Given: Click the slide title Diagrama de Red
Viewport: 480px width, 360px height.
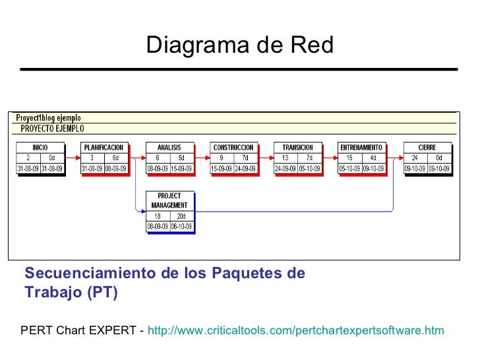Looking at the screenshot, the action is (240, 45).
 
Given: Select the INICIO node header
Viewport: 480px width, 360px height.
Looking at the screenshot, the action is (40, 147).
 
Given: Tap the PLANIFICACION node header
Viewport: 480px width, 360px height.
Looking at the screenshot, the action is (104, 147).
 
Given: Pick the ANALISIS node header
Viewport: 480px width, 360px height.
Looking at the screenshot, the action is (169, 147).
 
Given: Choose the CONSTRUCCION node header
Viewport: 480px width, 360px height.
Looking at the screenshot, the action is (233, 147).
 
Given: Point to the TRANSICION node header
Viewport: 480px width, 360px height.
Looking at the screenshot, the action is (297, 147).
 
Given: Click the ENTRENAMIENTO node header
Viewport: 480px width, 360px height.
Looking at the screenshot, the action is (361, 147).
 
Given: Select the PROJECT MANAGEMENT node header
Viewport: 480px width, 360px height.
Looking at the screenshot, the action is (169, 200).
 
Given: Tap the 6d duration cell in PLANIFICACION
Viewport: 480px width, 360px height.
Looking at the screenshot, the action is (116, 158).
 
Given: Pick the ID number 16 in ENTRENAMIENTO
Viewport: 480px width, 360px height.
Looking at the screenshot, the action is (349, 158).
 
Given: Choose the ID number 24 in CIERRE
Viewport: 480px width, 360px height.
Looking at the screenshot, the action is (415, 158).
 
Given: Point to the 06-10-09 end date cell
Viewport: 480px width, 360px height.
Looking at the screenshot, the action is (181, 225).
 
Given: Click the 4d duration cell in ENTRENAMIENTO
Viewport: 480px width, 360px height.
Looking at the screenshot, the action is (374, 158).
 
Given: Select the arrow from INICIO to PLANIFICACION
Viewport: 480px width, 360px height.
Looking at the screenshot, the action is (73, 158).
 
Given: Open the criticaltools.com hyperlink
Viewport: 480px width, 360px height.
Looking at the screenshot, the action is (296, 330).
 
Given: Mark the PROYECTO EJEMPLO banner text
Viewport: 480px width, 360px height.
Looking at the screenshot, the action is (52, 129).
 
